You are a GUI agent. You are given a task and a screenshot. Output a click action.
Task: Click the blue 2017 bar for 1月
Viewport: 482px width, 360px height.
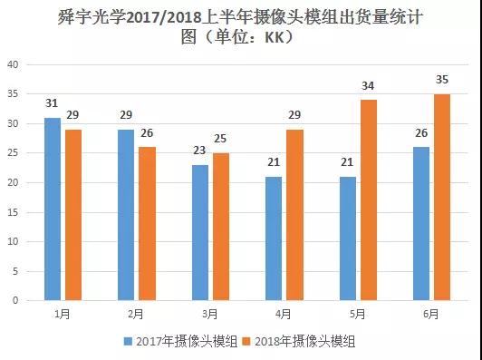[x=53, y=209]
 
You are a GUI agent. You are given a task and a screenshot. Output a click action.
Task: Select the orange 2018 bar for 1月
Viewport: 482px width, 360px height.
[x=72, y=214]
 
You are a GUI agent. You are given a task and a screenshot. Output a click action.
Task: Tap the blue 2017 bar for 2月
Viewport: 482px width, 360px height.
[x=126, y=214]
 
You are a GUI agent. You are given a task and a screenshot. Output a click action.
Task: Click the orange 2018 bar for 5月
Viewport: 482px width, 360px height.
[x=367, y=199]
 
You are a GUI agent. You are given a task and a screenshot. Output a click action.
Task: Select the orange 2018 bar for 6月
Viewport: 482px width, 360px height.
[x=441, y=197]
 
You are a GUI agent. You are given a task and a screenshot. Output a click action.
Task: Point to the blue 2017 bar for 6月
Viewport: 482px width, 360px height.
[x=420, y=223]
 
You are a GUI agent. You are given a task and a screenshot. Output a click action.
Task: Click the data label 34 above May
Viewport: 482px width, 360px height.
[x=367, y=86]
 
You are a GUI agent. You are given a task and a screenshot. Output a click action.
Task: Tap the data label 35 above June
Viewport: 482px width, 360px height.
[x=441, y=80]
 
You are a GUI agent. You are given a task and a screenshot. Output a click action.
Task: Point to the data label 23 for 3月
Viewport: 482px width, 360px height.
[x=199, y=151]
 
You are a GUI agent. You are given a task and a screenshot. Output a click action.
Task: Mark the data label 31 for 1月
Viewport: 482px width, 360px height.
[x=53, y=103]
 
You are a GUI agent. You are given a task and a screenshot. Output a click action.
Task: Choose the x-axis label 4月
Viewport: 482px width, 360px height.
[x=284, y=314]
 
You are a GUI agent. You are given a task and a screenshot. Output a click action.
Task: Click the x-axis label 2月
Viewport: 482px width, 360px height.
[x=136, y=314]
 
